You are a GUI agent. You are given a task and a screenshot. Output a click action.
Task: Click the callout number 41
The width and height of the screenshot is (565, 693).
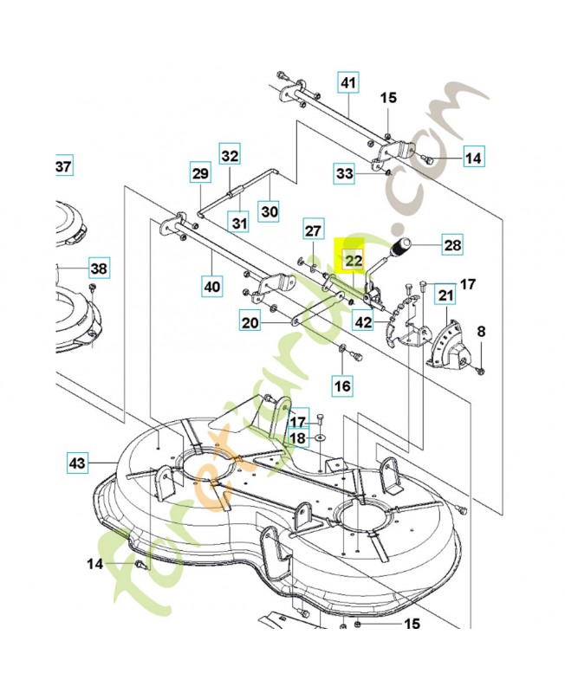coord(347,83)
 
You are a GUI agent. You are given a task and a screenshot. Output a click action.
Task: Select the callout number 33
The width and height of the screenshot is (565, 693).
coord(345,175)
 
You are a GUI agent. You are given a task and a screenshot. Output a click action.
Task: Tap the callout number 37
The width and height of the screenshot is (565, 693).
coord(64,165)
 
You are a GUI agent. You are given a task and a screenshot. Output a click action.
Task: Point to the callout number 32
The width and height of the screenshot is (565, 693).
coord(229,156)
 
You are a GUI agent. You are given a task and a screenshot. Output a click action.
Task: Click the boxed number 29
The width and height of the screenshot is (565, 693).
coord(200,174)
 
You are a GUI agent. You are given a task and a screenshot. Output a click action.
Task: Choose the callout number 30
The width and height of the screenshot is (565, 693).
coord(269,210)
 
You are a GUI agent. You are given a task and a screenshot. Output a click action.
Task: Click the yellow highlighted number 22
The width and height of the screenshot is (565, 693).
coord(354,259)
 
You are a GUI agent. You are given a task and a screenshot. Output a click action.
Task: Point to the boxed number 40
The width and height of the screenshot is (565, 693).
coord(211,285)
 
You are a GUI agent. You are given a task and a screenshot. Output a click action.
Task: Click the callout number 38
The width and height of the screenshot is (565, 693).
coord(99,269)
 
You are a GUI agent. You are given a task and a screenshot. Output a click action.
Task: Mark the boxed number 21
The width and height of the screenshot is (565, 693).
coord(445,296)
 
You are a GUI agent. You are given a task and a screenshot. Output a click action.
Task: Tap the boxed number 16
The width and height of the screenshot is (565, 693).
coord(343,384)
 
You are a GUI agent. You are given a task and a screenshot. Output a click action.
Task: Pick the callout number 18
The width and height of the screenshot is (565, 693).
coord(297,438)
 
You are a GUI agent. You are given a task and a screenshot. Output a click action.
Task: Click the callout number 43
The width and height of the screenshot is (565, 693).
coord(79,463)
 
